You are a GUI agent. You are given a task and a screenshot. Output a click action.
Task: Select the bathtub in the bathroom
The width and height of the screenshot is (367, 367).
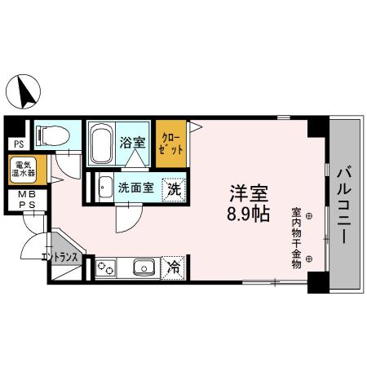click(x=101, y=144)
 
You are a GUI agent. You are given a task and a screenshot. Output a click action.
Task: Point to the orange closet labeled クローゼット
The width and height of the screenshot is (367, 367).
click(x=172, y=144)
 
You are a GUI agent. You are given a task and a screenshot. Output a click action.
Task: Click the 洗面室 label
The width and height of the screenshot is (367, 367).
click(x=135, y=187)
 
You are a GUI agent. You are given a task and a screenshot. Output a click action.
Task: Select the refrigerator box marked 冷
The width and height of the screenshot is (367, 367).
click(x=174, y=267)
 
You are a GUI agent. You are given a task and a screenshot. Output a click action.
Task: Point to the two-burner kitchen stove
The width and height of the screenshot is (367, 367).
click(x=106, y=267)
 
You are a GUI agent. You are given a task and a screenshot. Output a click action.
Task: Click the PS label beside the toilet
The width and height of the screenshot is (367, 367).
click(x=17, y=145)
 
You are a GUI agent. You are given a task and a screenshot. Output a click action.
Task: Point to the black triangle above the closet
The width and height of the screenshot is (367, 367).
click(x=195, y=124)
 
